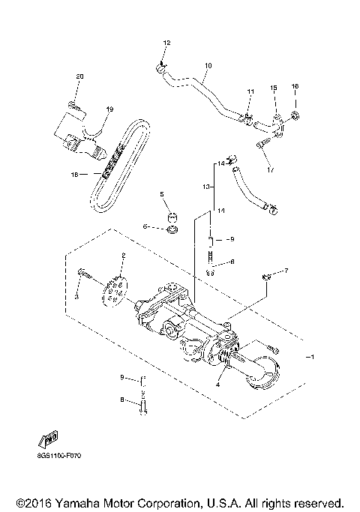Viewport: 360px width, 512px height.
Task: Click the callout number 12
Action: pos(167,42)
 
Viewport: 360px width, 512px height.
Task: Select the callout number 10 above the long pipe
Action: pos(208,66)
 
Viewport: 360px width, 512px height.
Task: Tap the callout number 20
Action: pos(80,77)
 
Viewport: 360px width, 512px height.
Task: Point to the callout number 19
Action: pos(109,109)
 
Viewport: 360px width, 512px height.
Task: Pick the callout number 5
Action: pos(161,194)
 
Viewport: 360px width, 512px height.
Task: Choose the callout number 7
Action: pos(285,270)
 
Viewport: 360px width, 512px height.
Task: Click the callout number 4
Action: pos(218,385)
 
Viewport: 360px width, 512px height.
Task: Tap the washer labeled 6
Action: pos(171,227)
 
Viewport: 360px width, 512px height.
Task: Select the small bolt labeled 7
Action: pos(265,278)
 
